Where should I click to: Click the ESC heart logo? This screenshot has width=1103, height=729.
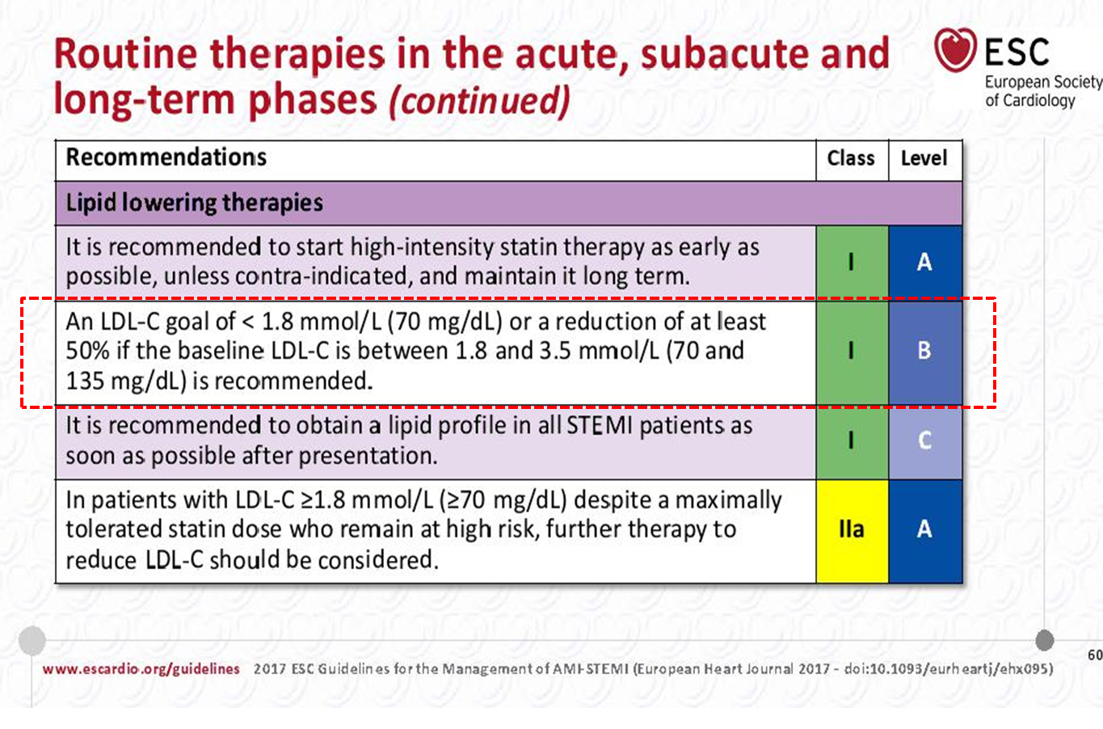tap(955, 50)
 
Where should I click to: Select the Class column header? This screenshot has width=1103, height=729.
tap(851, 158)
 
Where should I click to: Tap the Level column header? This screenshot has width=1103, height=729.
tap(924, 158)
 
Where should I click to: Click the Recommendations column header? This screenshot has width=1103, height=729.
tap(166, 157)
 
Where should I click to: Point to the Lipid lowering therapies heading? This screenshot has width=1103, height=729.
tap(195, 203)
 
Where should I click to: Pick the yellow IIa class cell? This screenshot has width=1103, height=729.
tap(852, 531)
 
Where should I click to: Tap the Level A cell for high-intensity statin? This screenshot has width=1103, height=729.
tap(925, 262)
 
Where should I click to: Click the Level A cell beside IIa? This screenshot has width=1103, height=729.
tap(925, 531)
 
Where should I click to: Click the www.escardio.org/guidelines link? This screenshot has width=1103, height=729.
tap(141, 669)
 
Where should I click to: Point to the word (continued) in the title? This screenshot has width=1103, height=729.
tap(480, 100)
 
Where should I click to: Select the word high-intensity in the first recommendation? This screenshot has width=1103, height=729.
tap(422, 248)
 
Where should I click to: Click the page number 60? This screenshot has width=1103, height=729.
tap(1095, 655)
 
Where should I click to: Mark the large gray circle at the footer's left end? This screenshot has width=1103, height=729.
tap(32, 640)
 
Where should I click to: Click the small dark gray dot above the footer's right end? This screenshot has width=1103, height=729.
tap(1044, 640)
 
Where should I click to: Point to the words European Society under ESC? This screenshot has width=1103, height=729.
tap(1043, 82)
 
